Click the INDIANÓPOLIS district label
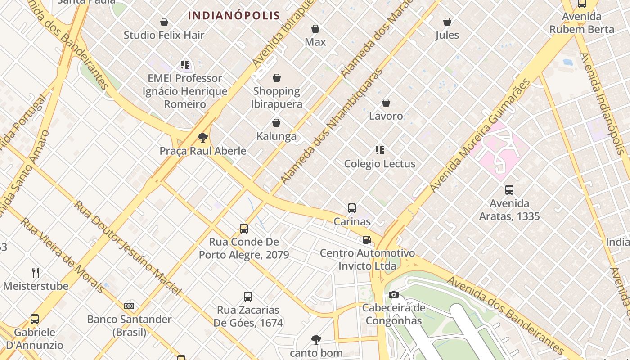pos(234,15)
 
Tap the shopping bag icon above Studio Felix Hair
pos(164,22)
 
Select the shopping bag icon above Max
pos(315,29)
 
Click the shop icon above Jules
pos(447,22)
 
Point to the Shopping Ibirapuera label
pos(276,97)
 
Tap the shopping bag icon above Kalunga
pos(276,123)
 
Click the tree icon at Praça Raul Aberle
pos(203,137)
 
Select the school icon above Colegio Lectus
pos(380,150)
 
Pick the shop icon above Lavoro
pos(386,103)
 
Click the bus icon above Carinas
pos(352,208)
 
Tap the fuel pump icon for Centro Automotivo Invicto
pos(367,240)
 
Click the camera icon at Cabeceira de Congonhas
pos(394,295)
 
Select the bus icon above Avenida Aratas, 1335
pos(509,190)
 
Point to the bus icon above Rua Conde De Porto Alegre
pos(244,229)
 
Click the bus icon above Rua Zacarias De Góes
pos(248,297)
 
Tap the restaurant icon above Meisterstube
pos(36,272)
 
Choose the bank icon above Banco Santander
pos(129,306)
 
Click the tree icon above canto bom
pos(316,339)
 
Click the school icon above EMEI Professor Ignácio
pos(184,65)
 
